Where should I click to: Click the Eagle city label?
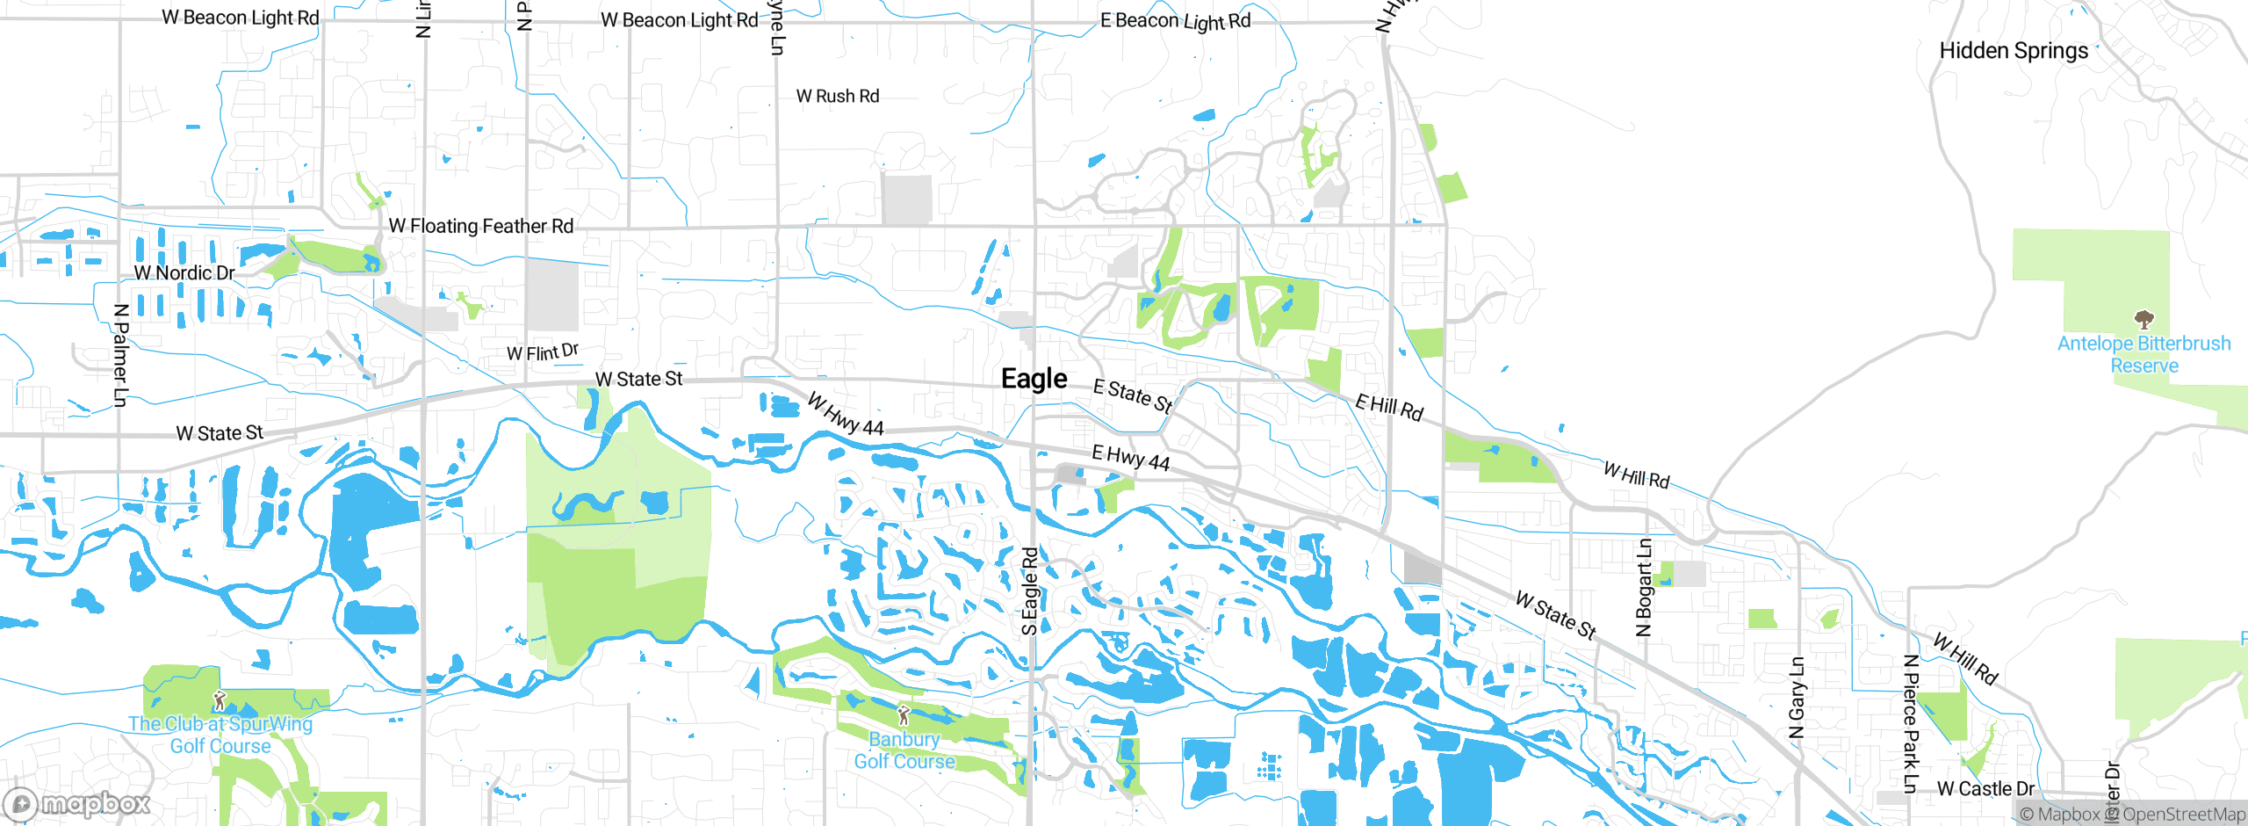click(1034, 379)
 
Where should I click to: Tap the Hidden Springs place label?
click(2014, 51)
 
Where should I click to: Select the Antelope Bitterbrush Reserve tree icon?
click(2144, 319)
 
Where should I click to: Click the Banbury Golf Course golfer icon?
click(904, 716)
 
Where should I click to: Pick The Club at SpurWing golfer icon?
click(220, 700)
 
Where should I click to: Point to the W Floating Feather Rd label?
click(480, 226)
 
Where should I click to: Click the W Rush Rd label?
click(837, 96)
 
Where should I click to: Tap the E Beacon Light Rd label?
click(1175, 21)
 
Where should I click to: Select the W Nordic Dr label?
click(184, 273)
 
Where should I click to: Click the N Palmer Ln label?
click(121, 355)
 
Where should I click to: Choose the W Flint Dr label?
click(543, 352)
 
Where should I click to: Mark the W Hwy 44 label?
click(845, 415)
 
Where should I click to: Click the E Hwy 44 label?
click(1130, 458)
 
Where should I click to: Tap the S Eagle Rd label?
click(1030, 591)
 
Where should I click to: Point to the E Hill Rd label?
click(1388, 408)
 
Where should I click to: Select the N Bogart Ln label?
click(1644, 587)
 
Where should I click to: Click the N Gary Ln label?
click(1797, 698)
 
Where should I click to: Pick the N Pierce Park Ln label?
click(1911, 723)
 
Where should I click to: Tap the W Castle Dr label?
click(1985, 788)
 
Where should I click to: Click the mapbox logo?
click(77, 804)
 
